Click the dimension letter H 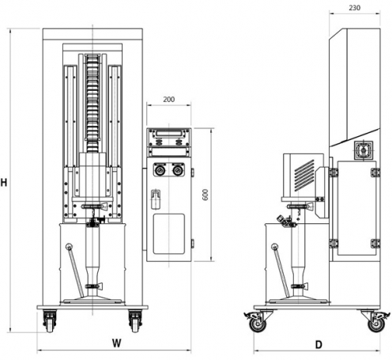click(x=4, y=183)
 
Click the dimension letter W click(x=116, y=343)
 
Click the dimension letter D click(x=318, y=345)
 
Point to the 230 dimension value click(x=354, y=8)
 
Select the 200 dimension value click(x=168, y=99)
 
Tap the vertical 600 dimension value click(x=205, y=195)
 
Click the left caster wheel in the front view click(x=50, y=321)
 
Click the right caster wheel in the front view click(x=135, y=321)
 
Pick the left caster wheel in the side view click(x=258, y=323)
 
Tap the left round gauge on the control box click(x=160, y=170)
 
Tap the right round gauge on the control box click(x=178, y=170)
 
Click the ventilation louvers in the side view click(x=304, y=175)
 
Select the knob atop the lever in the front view click(x=70, y=247)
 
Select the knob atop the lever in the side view click(x=274, y=247)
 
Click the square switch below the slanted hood click(x=364, y=150)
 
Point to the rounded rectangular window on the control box click(x=169, y=234)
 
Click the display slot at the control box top click(x=169, y=134)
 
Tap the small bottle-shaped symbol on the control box click(x=156, y=199)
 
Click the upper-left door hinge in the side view click(x=334, y=172)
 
